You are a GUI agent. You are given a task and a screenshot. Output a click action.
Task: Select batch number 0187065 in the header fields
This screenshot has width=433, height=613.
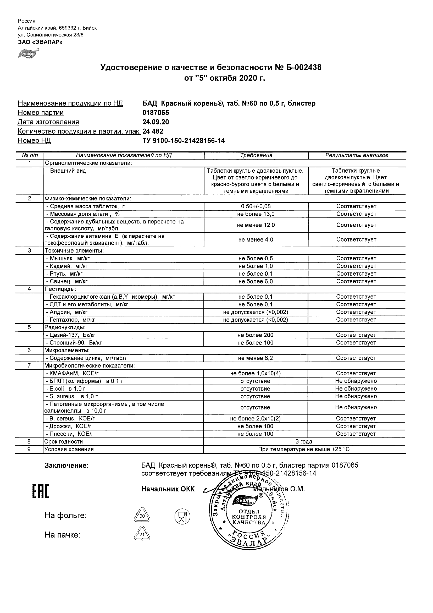coord(156,113)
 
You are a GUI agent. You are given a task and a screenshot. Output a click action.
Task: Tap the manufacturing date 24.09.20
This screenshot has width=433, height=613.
coord(156,122)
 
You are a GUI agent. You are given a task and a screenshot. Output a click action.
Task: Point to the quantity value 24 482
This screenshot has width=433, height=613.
coord(153,131)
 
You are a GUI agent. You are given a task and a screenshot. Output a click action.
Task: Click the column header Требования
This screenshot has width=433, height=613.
coord(256,155)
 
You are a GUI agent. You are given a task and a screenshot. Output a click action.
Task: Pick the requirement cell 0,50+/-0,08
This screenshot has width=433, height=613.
coord(256,206)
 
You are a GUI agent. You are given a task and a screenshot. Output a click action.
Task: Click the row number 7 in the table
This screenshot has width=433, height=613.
coord(29,366)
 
